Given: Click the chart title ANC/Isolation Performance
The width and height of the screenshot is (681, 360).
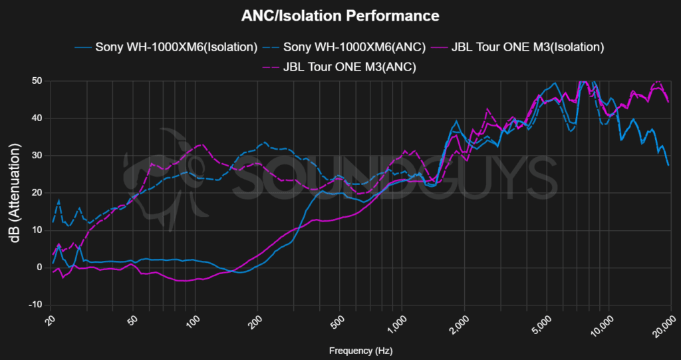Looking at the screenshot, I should [340, 15].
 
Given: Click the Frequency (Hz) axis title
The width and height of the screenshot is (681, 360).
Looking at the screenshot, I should [359, 349].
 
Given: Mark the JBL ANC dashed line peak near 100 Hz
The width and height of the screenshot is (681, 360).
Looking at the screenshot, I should [202, 144].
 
